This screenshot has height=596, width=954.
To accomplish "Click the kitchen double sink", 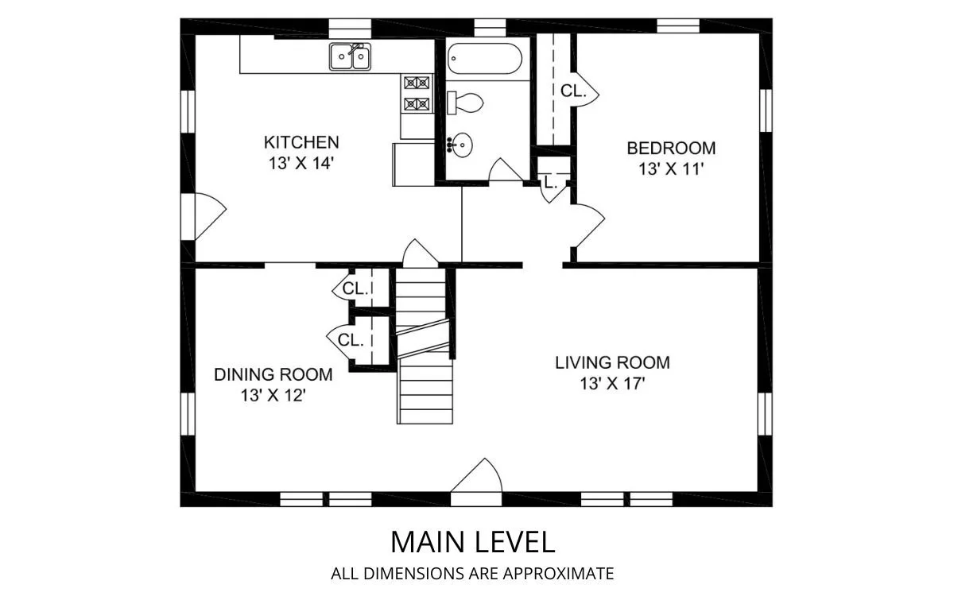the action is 350,56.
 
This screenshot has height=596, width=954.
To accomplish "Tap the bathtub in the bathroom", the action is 485,58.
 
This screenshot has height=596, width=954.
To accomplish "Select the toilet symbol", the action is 465,103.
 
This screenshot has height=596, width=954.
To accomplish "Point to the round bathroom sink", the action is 460,145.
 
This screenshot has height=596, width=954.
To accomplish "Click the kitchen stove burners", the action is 417,93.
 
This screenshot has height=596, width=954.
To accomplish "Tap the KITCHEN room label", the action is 301,142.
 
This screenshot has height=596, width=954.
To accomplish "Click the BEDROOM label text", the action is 671,148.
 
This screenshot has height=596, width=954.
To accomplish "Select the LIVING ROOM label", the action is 612,362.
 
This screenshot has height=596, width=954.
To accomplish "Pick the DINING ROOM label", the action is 273,374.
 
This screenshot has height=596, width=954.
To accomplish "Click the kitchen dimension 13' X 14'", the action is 301,163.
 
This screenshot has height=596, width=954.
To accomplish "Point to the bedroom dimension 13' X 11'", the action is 671,169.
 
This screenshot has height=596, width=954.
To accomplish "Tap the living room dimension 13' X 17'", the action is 612,384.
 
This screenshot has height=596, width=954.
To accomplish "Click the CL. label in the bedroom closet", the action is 573,91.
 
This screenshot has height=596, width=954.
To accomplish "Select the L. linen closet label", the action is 551,183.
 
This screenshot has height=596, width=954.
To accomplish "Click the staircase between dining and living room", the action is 425,346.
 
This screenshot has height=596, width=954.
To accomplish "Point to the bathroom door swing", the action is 506,169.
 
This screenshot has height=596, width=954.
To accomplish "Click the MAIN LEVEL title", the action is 473,542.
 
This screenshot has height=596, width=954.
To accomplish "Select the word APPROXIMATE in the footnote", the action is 558,574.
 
